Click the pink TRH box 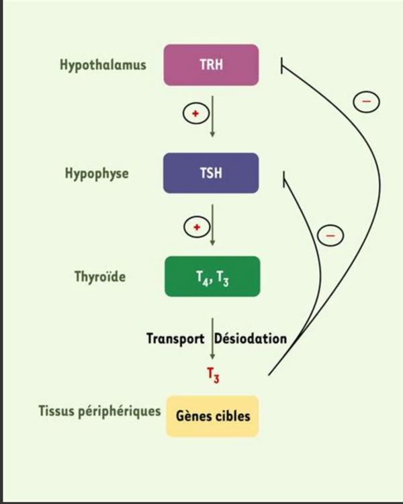coord(212,66)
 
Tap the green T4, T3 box coord(212,276)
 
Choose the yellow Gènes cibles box coord(212,416)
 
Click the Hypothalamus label coord(103,66)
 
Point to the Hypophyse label coord(97,173)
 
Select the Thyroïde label coord(101,276)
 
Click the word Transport coord(175,338)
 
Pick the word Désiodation coord(251,338)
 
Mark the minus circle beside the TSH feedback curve coord(329,235)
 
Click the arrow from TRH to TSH coord(212,116)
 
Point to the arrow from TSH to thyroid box coord(212,225)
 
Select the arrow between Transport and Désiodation coord(212,339)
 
